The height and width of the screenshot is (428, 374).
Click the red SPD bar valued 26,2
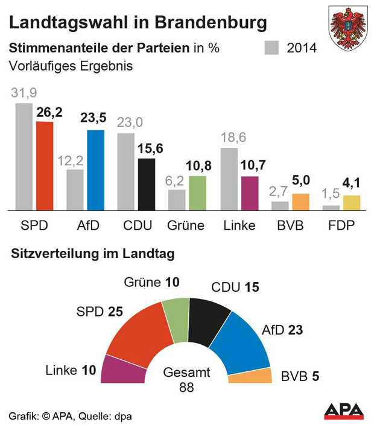[45, 166]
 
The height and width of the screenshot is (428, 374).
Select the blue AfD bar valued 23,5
[95, 170]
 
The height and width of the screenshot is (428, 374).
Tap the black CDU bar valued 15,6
[147, 184]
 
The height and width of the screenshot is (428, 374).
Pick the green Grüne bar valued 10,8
[197, 193]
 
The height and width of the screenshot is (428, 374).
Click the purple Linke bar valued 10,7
[249, 193]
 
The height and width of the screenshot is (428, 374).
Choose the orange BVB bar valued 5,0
[300, 202]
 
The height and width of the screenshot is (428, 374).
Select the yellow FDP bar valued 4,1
[352, 203]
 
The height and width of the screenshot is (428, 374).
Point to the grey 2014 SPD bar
[24, 157]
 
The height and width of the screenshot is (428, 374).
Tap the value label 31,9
[24, 93]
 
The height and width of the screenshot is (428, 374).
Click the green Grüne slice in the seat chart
[177, 319]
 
